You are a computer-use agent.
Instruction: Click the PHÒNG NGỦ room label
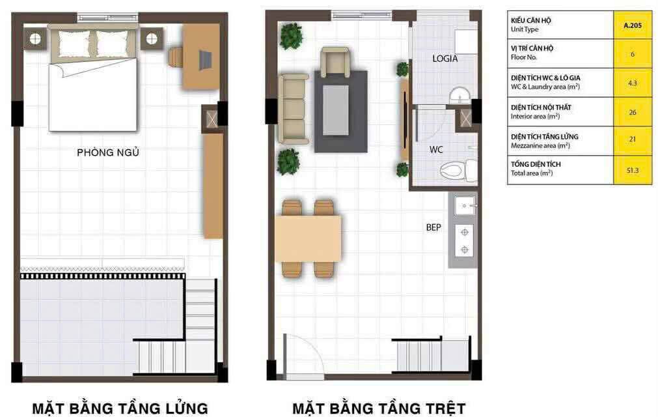[108, 152]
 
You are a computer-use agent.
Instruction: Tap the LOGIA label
[445, 59]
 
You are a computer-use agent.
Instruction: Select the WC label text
[436, 149]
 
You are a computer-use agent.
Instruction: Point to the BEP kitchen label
[433, 227]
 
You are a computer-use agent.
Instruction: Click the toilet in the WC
[458, 170]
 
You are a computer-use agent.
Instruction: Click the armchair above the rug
[335, 62]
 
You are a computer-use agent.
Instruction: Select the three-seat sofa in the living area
[294, 109]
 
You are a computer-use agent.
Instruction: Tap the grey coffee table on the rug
[335, 111]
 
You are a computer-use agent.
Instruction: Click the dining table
[308, 238]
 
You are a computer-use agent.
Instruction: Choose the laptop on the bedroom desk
[205, 60]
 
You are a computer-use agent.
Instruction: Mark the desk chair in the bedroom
[176, 57]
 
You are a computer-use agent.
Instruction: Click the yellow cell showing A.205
[633, 25]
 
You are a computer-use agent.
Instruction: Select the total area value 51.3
[633, 171]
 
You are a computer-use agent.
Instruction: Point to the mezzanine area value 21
[633, 139]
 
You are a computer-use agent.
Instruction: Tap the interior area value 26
[633, 113]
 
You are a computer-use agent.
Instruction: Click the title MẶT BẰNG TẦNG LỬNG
[120, 408]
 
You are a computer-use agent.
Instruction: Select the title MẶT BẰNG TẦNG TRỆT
[379, 408]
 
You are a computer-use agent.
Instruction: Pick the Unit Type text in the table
[524, 29]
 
